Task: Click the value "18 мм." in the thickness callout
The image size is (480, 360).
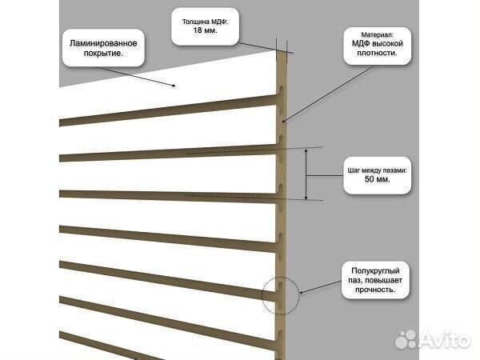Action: (x=205, y=30)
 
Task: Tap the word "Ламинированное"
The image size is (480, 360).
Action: (x=103, y=43)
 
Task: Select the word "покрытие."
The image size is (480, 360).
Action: (x=103, y=54)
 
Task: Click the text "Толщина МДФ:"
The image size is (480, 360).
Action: (x=205, y=22)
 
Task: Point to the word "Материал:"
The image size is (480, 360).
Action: (x=377, y=35)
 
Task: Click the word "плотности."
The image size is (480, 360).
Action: (x=377, y=53)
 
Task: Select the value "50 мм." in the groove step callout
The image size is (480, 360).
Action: (x=377, y=179)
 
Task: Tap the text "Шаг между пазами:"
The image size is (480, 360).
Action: (x=377, y=170)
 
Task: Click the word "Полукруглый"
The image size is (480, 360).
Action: (x=375, y=271)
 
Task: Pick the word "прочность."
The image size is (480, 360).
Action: (x=375, y=290)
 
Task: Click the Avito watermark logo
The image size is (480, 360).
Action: (x=433, y=339)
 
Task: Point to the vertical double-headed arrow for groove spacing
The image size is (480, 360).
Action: (x=306, y=174)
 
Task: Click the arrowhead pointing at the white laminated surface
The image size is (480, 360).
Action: (x=174, y=86)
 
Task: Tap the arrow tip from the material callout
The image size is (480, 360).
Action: (x=283, y=122)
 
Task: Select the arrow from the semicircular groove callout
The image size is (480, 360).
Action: (x=320, y=287)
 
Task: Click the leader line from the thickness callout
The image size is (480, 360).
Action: (x=266, y=47)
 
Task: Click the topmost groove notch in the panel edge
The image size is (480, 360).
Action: (x=281, y=90)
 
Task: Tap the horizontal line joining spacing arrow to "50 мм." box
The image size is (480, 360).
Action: (x=325, y=176)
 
